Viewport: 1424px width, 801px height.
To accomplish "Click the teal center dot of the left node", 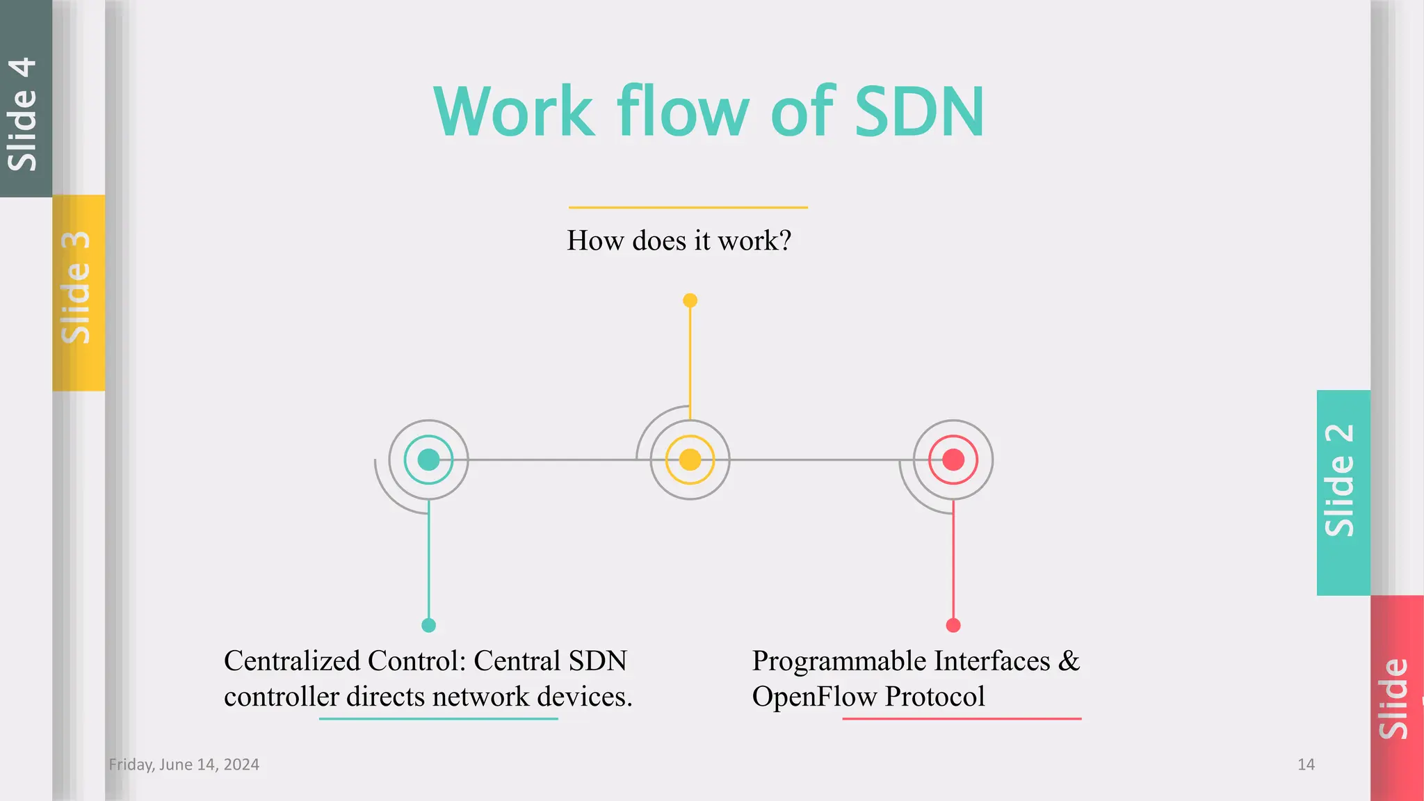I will pyautogui.click(x=428, y=460).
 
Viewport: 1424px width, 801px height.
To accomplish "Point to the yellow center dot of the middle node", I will pyautogui.click(x=690, y=460).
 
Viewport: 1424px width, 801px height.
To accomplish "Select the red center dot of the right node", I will pyautogui.click(x=953, y=460).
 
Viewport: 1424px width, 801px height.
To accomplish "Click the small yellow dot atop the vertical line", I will pyautogui.click(x=690, y=300).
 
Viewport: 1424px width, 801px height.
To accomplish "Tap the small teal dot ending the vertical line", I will pyautogui.click(x=428, y=625).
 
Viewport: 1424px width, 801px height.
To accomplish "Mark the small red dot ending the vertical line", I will pyautogui.click(x=953, y=625).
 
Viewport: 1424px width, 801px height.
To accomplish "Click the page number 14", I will pyautogui.click(x=1306, y=764).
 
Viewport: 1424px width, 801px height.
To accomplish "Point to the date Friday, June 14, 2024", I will pyautogui.click(x=184, y=764).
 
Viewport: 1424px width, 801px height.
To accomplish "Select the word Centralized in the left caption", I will pyautogui.click(x=292, y=661).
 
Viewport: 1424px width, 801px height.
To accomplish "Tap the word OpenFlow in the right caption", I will pyautogui.click(x=814, y=697).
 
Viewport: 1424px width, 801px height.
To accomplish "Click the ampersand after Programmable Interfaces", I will pyautogui.click(x=1069, y=661).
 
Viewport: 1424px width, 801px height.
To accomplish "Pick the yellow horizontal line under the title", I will pyautogui.click(x=688, y=207).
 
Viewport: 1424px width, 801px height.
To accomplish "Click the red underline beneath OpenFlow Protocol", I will pyautogui.click(x=962, y=718).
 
